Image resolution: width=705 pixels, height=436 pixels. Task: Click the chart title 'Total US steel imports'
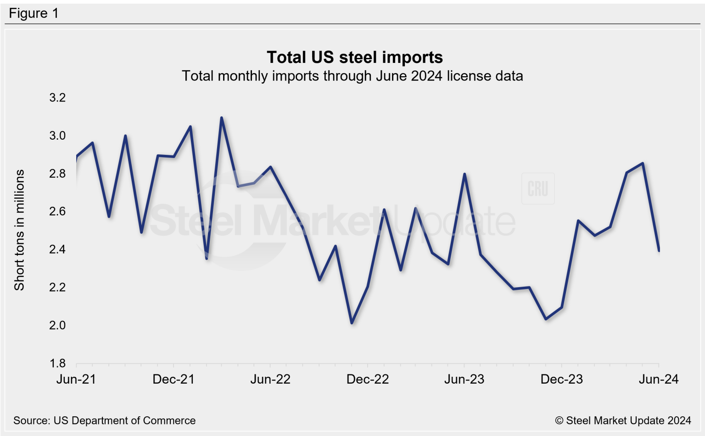coord(354,57)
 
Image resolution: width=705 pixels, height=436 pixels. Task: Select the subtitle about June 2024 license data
coord(352,76)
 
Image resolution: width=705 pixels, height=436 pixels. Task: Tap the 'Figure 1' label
coord(34,13)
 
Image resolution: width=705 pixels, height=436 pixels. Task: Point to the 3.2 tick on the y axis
coord(58,97)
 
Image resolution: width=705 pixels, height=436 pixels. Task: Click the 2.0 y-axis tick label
coord(58,325)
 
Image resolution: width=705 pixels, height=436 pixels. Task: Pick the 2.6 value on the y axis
coord(58,211)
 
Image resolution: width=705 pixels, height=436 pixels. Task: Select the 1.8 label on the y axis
coord(58,363)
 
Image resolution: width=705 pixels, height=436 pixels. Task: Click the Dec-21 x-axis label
coord(173,379)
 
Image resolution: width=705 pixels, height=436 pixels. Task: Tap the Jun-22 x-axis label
coord(270,379)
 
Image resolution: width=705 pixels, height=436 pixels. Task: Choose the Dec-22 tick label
coord(368,379)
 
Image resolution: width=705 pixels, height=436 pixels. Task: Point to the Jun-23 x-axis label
coord(464,379)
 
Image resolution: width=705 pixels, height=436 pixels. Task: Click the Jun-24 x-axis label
coord(659,379)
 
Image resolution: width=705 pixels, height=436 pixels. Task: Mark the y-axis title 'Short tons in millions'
coord(19,230)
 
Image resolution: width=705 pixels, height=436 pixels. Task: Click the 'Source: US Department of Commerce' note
coord(105,420)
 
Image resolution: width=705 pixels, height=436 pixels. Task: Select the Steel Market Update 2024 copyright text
coord(623,420)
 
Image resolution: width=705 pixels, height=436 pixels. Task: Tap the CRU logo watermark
coord(538,189)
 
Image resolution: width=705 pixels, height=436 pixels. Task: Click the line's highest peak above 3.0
coord(222,118)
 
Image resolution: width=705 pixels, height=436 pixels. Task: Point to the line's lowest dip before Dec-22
coord(352,323)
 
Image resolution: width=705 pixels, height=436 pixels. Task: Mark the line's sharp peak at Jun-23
coord(465,174)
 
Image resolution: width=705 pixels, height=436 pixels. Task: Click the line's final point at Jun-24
coord(659,250)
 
